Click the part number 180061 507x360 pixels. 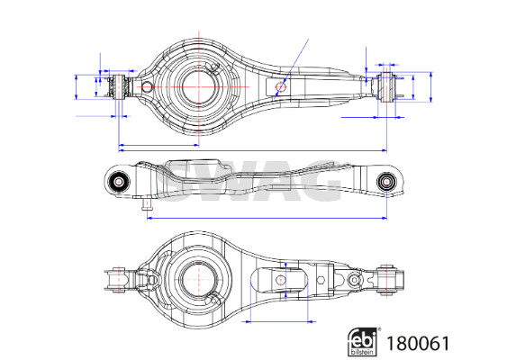[418, 344]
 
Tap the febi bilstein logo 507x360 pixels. [363, 342]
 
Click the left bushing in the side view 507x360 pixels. [118, 182]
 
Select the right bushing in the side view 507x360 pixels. [385, 182]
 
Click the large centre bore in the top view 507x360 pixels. [198, 86]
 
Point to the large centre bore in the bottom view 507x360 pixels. [198, 279]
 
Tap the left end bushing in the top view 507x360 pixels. [120, 86]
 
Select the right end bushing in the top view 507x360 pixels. [386, 87]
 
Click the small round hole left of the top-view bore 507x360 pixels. [147, 87]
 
